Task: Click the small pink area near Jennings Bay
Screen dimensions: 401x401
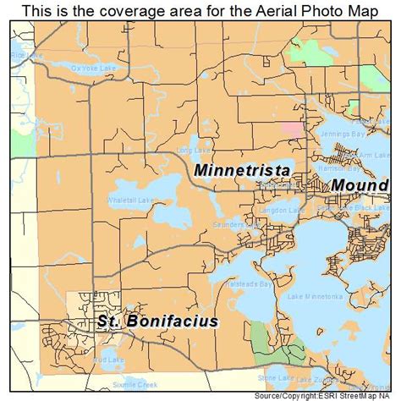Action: point(294,129)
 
